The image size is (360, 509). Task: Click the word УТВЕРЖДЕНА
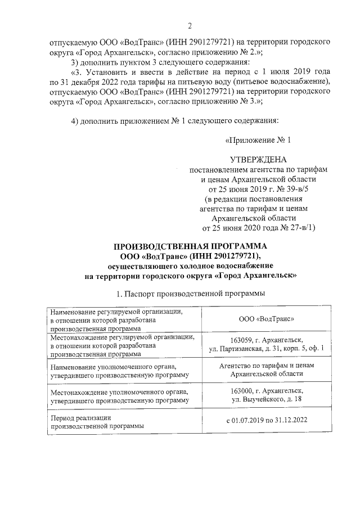click(258, 159)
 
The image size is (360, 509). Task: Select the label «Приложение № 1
click(258, 139)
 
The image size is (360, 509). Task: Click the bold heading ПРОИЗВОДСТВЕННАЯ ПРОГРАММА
click(191, 246)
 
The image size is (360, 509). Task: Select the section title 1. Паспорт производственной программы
click(190, 294)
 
